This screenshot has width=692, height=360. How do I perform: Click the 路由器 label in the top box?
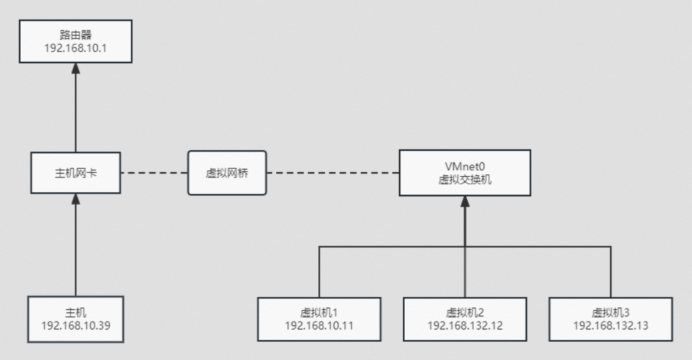coord(75,35)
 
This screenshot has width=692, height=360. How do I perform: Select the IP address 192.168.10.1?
coord(75,47)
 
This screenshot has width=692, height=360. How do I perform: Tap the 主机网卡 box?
coord(75,174)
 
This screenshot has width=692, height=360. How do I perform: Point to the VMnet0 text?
coord(465,167)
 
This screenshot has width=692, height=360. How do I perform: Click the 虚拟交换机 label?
coord(465,179)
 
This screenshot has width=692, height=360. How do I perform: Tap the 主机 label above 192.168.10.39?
coord(75,313)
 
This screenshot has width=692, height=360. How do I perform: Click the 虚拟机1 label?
coord(319,313)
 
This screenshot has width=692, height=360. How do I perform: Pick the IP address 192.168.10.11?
coord(319,325)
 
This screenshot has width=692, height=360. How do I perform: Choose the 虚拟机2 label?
coord(465,313)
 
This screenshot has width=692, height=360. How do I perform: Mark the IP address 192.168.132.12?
coord(465,325)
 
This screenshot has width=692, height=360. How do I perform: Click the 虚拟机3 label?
coord(610,313)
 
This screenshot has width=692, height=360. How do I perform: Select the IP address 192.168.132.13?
coord(610,325)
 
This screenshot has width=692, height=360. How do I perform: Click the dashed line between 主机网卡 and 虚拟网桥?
coord(154,174)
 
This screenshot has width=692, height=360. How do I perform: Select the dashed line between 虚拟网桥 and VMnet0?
coord(333,174)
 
